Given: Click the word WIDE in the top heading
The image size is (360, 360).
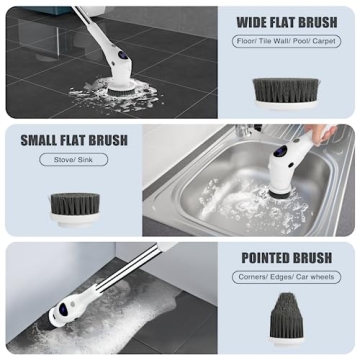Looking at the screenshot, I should [251, 22].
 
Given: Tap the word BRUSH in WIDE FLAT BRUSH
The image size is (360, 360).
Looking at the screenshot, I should [319, 22].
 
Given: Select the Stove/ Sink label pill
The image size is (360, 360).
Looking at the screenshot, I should [73, 159].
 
